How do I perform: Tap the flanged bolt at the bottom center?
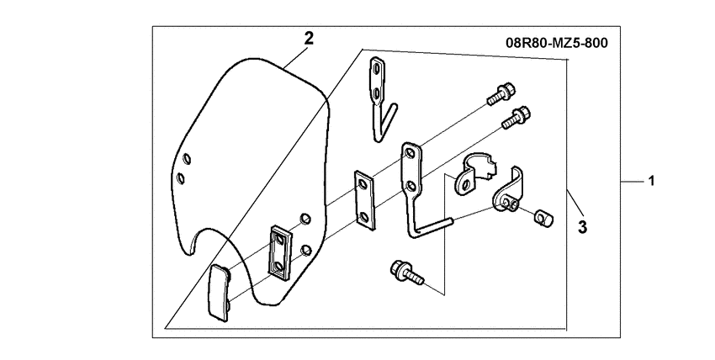[404, 273]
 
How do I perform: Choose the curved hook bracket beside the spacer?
[511, 190]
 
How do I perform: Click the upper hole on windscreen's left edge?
[188, 158]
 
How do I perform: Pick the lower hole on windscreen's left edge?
[178, 177]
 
